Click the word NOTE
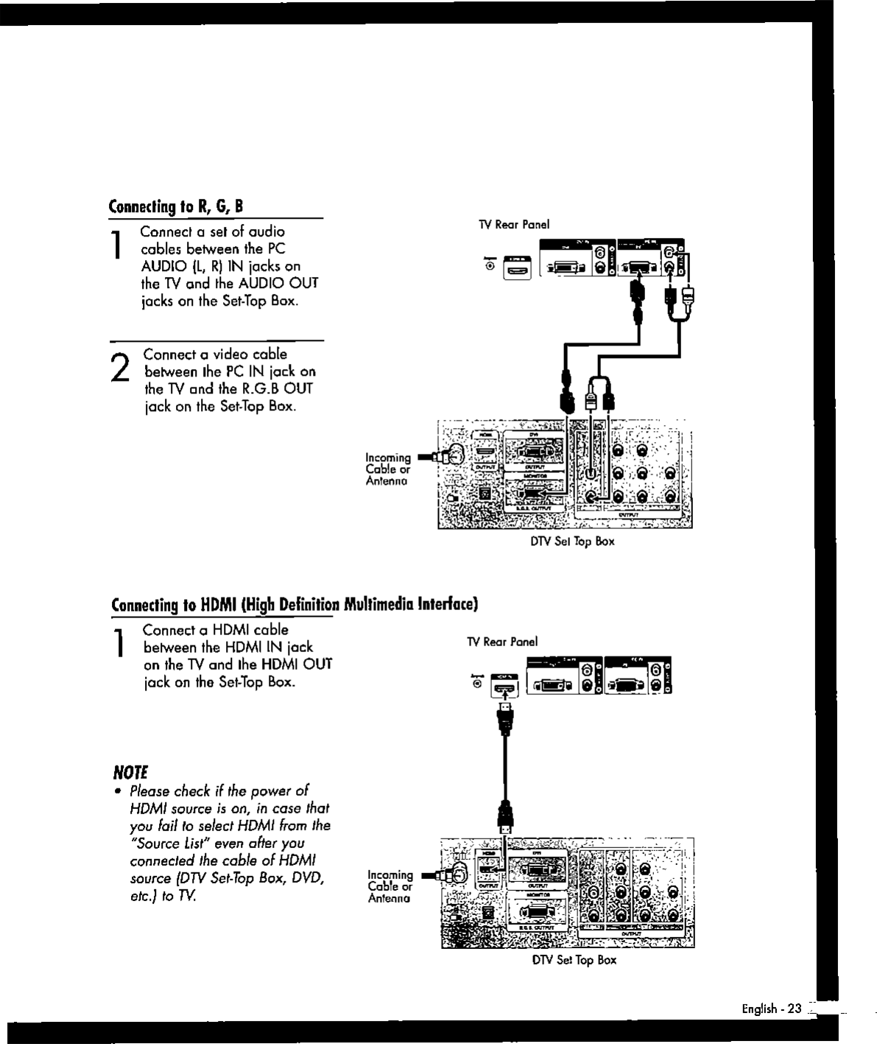130,773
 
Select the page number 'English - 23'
770,1009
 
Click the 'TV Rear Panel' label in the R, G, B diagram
514,225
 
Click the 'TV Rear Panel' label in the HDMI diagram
502,642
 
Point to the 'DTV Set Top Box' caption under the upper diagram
572,542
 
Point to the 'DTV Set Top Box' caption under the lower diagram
574,960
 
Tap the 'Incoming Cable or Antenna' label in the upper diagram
388,469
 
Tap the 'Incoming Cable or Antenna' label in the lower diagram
390,886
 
